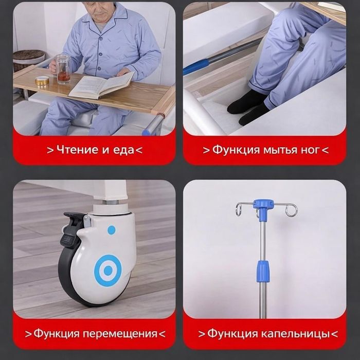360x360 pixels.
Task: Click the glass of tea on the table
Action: point(63,70)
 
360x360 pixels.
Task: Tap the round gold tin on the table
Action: point(42,80)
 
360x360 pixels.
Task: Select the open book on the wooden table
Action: point(101,85)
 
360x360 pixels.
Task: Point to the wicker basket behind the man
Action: point(29,59)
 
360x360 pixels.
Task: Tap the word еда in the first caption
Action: point(122,150)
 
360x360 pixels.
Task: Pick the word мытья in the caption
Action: point(277,150)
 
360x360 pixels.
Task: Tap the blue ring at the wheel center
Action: point(109,269)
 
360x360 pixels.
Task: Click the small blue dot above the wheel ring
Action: point(111,230)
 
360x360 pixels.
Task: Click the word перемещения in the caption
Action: point(120,334)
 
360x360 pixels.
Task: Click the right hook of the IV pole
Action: point(291,210)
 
